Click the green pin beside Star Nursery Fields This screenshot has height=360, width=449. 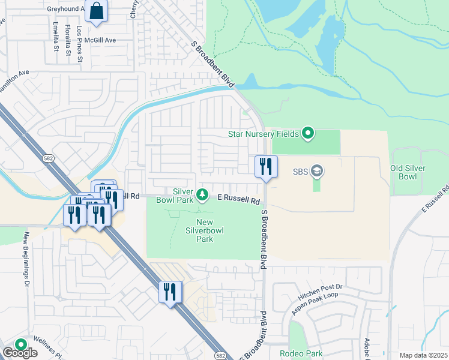tap(308, 133)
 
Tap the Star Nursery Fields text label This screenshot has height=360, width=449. tap(263, 133)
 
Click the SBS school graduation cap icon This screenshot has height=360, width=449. tap(317, 172)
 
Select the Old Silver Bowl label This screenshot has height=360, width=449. tap(412, 173)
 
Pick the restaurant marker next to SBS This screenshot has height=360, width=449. tap(266, 166)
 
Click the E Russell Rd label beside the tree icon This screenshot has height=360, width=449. tap(239, 198)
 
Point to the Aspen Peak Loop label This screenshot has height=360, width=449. tap(315, 303)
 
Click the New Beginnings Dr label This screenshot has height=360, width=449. tap(26, 259)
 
